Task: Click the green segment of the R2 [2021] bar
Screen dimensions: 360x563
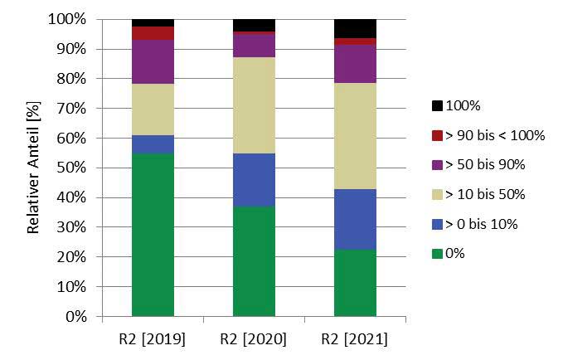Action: (x=355, y=283)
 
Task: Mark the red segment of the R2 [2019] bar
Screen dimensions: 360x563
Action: (x=153, y=33)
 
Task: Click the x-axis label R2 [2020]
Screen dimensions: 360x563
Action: (x=254, y=340)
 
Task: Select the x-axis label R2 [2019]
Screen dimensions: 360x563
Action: (x=153, y=340)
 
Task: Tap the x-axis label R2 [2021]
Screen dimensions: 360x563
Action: (x=355, y=340)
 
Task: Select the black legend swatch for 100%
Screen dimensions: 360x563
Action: (x=437, y=106)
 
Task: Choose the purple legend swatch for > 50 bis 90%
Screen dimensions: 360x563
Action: (x=437, y=165)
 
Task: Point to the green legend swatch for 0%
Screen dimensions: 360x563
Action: (x=437, y=254)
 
